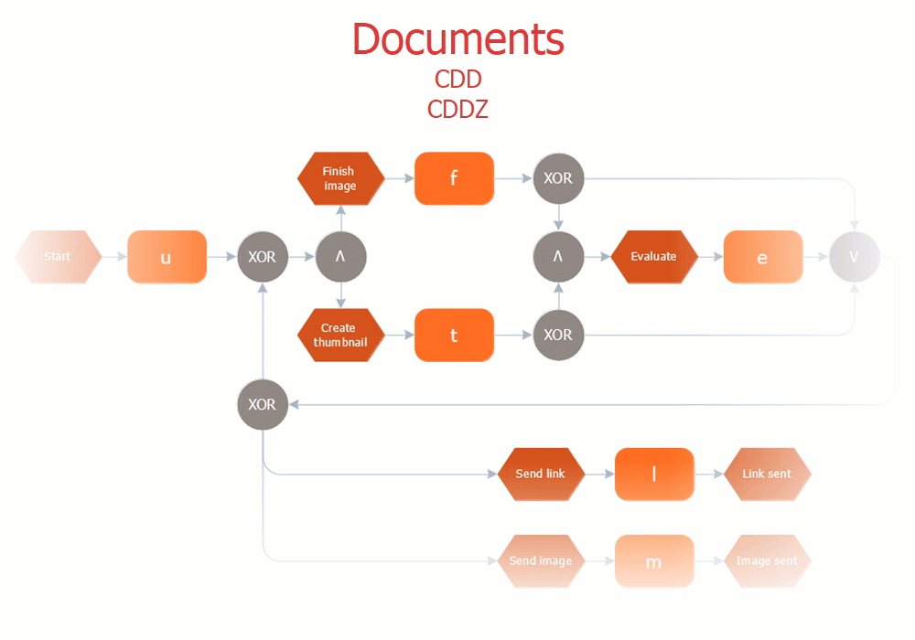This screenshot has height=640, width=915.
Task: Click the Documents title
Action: (x=457, y=39)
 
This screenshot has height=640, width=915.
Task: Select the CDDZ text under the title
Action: (x=457, y=110)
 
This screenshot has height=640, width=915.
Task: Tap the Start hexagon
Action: (x=58, y=257)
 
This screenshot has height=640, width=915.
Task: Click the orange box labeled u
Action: (x=167, y=257)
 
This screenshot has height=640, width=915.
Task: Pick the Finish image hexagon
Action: (x=339, y=178)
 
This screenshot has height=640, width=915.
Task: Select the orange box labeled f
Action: (x=454, y=178)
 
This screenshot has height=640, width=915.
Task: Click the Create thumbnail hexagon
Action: (x=339, y=336)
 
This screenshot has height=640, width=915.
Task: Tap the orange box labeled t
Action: (x=454, y=336)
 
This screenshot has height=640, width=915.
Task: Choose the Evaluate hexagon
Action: (x=653, y=257)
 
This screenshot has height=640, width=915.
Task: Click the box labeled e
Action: (x=762, y=257)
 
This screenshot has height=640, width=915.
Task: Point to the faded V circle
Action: (x=854, y=257)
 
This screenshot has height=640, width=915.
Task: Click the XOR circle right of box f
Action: (x=558, y=178)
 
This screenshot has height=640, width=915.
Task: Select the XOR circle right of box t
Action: (x=558, y=336)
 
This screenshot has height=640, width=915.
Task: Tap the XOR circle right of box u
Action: (x=263, y=257)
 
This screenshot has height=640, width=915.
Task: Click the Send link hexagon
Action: (x=541, y=474)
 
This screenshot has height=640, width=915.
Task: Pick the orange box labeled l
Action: (x=654, y=474)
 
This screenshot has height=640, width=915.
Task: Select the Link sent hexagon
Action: (x=767, y=474)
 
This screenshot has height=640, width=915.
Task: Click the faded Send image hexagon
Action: (x=541, y=560)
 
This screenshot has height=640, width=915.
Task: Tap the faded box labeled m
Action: (x=654, y=560)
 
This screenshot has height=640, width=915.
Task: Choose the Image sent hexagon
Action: (x=767, y=560)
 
